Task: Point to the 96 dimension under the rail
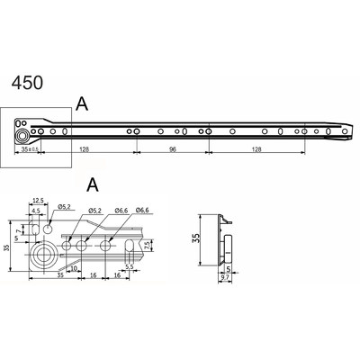[x=171, y=150]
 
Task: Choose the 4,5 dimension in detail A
[x=34, y=211]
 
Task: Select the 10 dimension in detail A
[x=73, y=267]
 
